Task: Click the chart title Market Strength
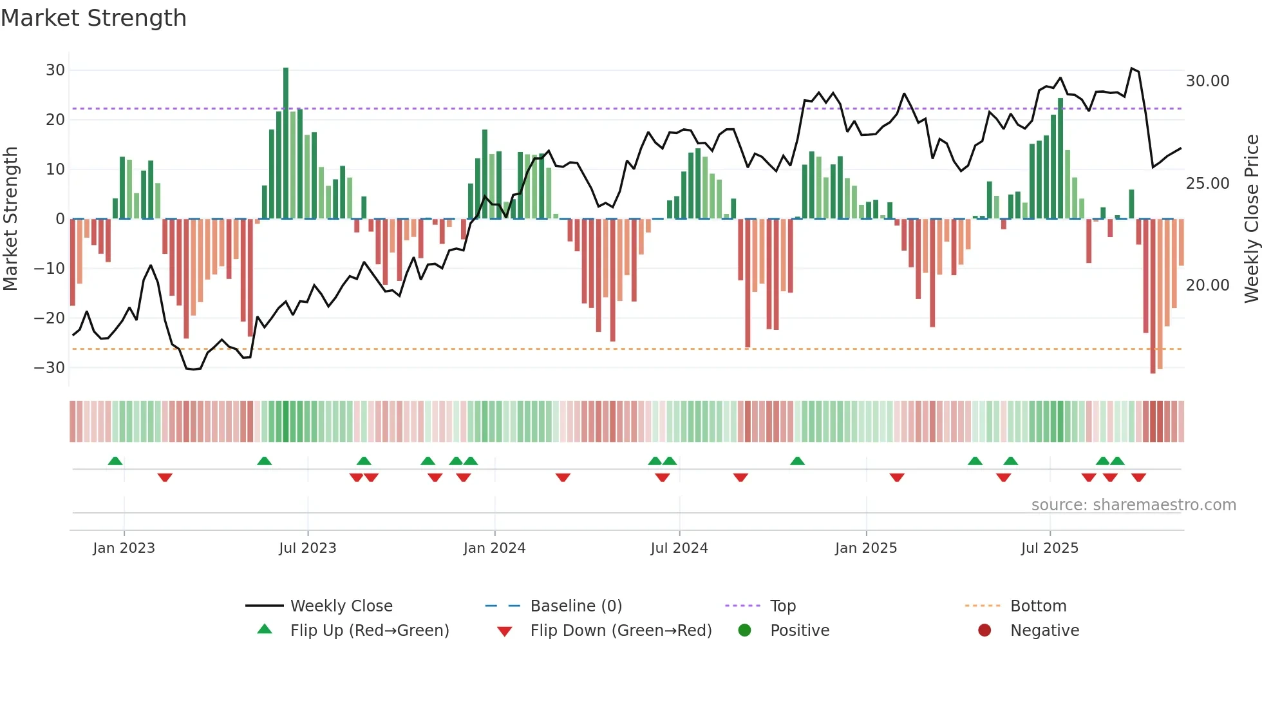93,18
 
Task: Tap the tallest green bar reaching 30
286,142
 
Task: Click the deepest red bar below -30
1153,296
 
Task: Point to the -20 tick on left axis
50,318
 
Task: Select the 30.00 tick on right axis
1207,81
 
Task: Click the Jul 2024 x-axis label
679,548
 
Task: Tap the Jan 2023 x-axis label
124,548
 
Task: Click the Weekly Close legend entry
341,606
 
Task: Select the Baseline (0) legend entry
576,606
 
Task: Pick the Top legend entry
782,606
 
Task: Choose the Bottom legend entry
1038,606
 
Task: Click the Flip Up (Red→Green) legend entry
369,631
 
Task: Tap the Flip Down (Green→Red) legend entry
621,631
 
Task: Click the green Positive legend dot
744,630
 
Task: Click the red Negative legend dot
984,630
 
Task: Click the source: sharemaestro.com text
1133,505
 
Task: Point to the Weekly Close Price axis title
1251,219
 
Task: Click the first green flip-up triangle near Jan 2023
115,461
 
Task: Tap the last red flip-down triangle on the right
1138,477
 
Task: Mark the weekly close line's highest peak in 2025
1132,68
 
